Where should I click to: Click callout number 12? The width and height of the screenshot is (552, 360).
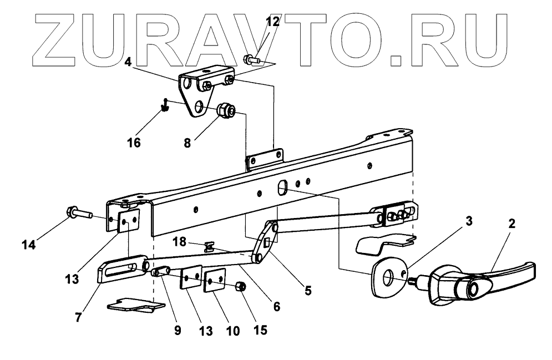[272, 22]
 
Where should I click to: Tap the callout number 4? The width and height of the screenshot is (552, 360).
[128, 62]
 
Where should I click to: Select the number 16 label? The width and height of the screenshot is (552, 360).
[133, 143]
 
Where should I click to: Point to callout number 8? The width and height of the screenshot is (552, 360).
[188, 143]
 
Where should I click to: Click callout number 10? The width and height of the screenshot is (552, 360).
[232, 331]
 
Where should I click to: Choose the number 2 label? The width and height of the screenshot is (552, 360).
[511, 224]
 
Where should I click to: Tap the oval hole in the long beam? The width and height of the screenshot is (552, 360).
[281, 187]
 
